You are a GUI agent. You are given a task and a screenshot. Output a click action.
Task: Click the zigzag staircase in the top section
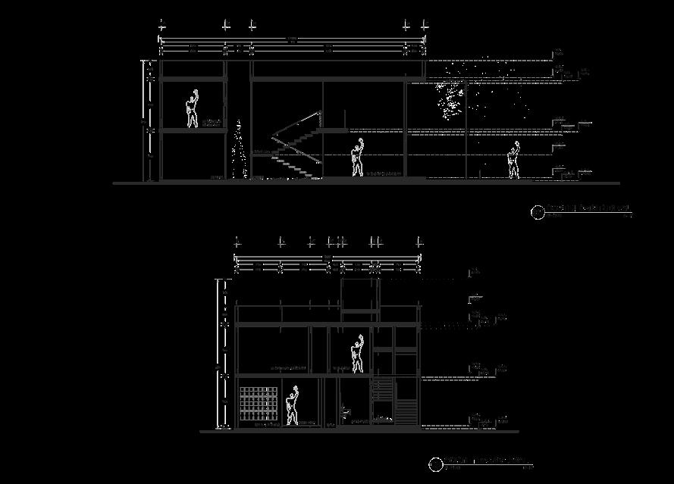click(x=296, y=144)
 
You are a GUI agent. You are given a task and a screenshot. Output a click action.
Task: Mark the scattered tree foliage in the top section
click(x=449, y=98)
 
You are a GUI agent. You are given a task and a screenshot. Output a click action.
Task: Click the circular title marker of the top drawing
click(x=538, y=213)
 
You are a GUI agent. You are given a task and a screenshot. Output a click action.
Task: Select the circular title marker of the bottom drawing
click(x=436, y=464)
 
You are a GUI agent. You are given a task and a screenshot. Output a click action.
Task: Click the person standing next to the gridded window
click(x=292, y=407)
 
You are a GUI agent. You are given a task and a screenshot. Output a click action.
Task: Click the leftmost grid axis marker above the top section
click(x=161, y=25)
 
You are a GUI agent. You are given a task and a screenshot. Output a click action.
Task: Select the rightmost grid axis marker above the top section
click(x=422, y=25)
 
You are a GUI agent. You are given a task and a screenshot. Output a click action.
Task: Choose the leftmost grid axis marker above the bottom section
click(x=237, y=242)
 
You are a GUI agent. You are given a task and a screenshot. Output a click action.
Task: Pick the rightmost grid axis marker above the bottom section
click(x=419, y=242)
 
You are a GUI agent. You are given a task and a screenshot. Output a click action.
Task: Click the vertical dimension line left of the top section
click(x=145, y=121)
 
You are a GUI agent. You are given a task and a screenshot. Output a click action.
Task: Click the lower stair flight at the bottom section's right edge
click(x=407, y=413)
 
